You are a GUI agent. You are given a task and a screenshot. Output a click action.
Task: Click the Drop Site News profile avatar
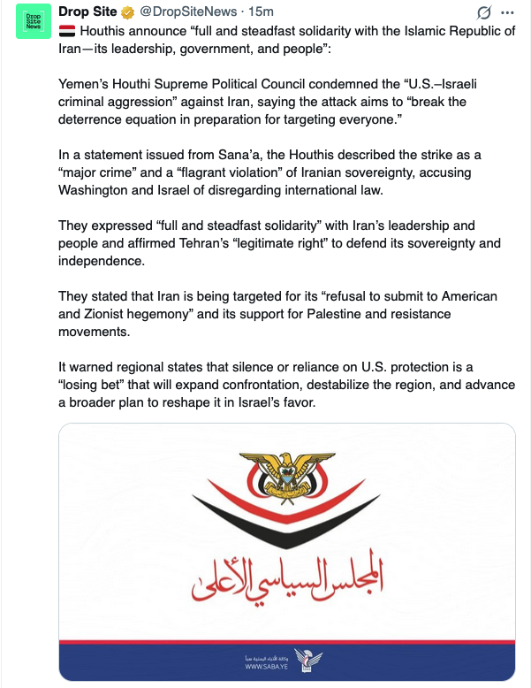click(34, 21)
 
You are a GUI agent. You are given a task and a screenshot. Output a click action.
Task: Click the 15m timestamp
click(260, 11)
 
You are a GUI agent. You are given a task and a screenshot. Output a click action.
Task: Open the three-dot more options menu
click(507, 12)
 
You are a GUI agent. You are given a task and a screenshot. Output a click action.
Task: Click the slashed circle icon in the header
click(482, 12)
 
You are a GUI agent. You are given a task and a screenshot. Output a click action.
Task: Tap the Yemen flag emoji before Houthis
click(67, 31)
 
